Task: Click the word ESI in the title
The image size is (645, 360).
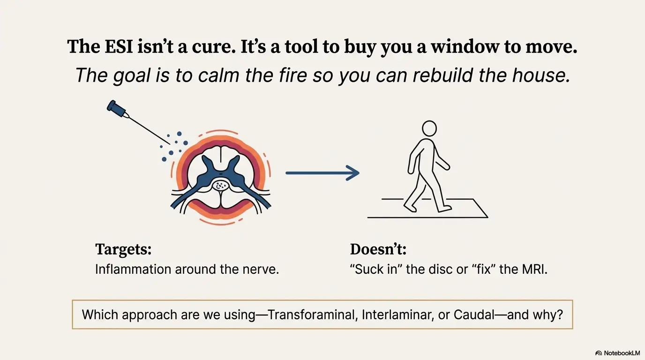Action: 119,47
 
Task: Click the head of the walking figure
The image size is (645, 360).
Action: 429,128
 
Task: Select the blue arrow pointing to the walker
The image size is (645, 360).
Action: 322,173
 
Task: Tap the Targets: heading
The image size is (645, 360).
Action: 123,249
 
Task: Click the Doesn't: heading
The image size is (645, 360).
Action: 378,249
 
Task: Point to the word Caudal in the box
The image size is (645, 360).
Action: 474,315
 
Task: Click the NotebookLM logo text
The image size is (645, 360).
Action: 622,353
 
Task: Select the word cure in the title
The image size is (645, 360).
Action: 213,47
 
